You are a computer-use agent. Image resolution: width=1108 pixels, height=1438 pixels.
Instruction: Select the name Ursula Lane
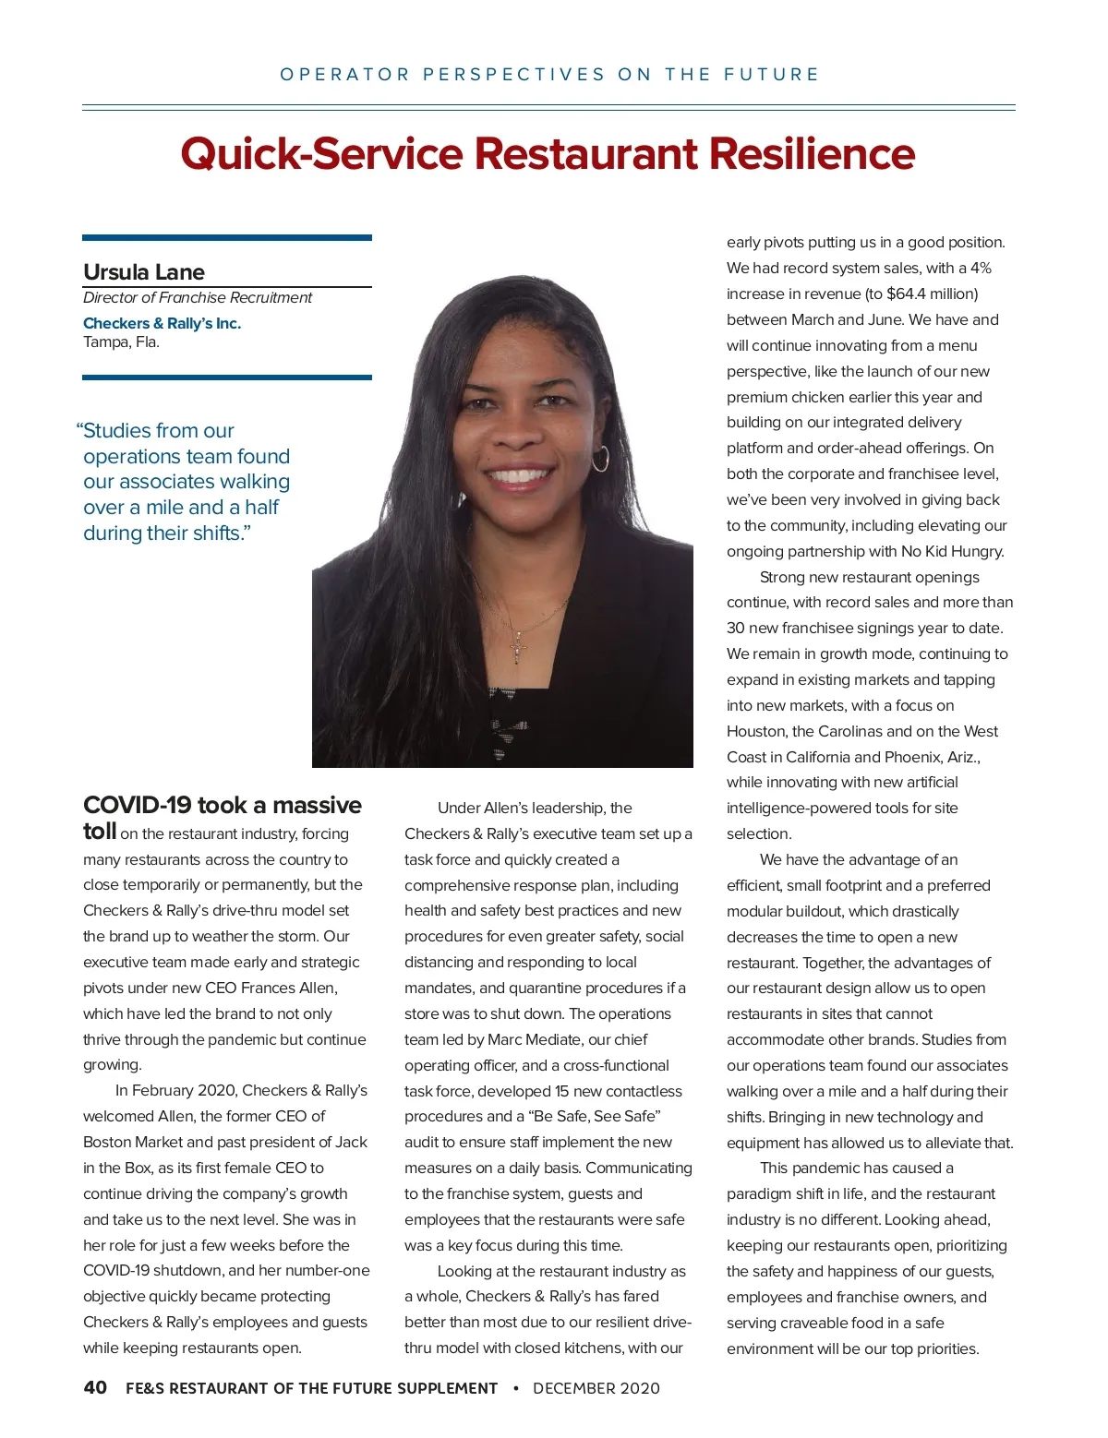pyautogui.click(x=144, y=272)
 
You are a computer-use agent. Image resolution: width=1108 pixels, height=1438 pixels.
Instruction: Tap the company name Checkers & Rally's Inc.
pyautogui.click(x=162, y=323)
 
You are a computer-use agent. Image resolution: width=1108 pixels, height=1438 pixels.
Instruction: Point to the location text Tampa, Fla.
pyautogui.click(x=121, y=342)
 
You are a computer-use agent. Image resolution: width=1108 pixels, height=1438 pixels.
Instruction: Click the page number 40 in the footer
pyautogui.click(x=95, y=1387)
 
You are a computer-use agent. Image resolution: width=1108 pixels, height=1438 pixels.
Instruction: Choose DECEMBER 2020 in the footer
pyautogui.click(x=596, y=1388)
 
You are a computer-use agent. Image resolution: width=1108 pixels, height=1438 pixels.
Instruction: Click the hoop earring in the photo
pyautogui.click(x=600, y=458)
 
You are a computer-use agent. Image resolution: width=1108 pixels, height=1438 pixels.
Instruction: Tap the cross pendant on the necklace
pyautogui.click(x=519, y=650)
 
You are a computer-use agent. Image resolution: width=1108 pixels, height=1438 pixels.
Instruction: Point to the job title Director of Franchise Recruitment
pyautogui.click(x=198, y=297)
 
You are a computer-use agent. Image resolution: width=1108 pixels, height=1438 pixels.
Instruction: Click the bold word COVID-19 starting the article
pyautogui.click(x=137, y=806)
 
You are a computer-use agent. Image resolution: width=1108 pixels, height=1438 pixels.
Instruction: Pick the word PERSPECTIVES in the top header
pyautogui.click(x=514, y=75)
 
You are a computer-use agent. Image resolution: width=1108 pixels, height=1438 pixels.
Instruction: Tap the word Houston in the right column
pyautogui.click(x=756, y=731)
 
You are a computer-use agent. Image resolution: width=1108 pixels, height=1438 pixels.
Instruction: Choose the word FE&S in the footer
pyautogui.click(x=145, y=1388)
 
